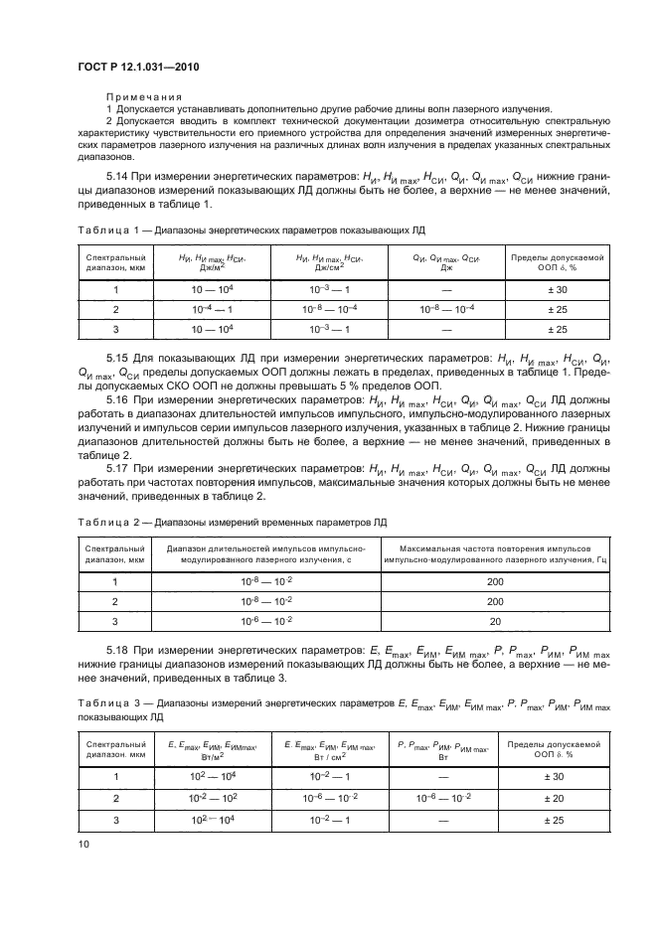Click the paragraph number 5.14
pos(120,178)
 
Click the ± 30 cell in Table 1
pos(556,290)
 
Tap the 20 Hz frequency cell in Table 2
pos(495,621)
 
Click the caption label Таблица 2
pos(99,522)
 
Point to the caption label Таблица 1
pos(99,230)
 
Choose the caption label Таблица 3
pos(99,703)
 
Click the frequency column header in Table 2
pos(495,553)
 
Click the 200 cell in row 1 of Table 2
pos(495,581)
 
